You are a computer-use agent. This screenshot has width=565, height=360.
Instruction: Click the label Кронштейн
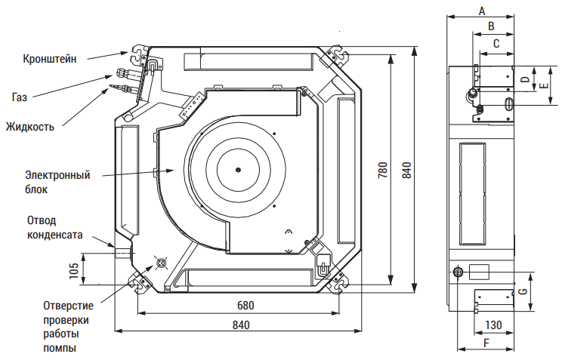pyautogui.click(x=49, y=58)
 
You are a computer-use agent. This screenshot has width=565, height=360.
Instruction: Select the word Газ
pyautogui.click(x=20, y=97)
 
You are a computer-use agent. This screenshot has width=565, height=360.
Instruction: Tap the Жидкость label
pyautogui.click(x=30, y=127)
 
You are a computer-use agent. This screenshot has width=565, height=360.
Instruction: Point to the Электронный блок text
pyautogui.click(x=57, y=182)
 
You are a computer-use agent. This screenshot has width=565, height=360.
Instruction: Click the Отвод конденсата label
pyautogui.click(x=55, y=227)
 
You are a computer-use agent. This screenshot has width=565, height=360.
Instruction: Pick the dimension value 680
pyautogui.click(x=245, y=305)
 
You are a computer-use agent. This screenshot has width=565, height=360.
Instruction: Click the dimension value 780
pyautogui.click(x=383, y=170)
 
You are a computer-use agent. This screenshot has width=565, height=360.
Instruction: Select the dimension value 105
pyautogui.click(x=73, y=271)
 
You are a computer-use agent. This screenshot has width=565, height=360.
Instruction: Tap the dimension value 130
pyautogui.click(x=493, y=325)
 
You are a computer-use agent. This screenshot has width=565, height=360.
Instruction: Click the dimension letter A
pyautogui.click(x=482, y=11)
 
